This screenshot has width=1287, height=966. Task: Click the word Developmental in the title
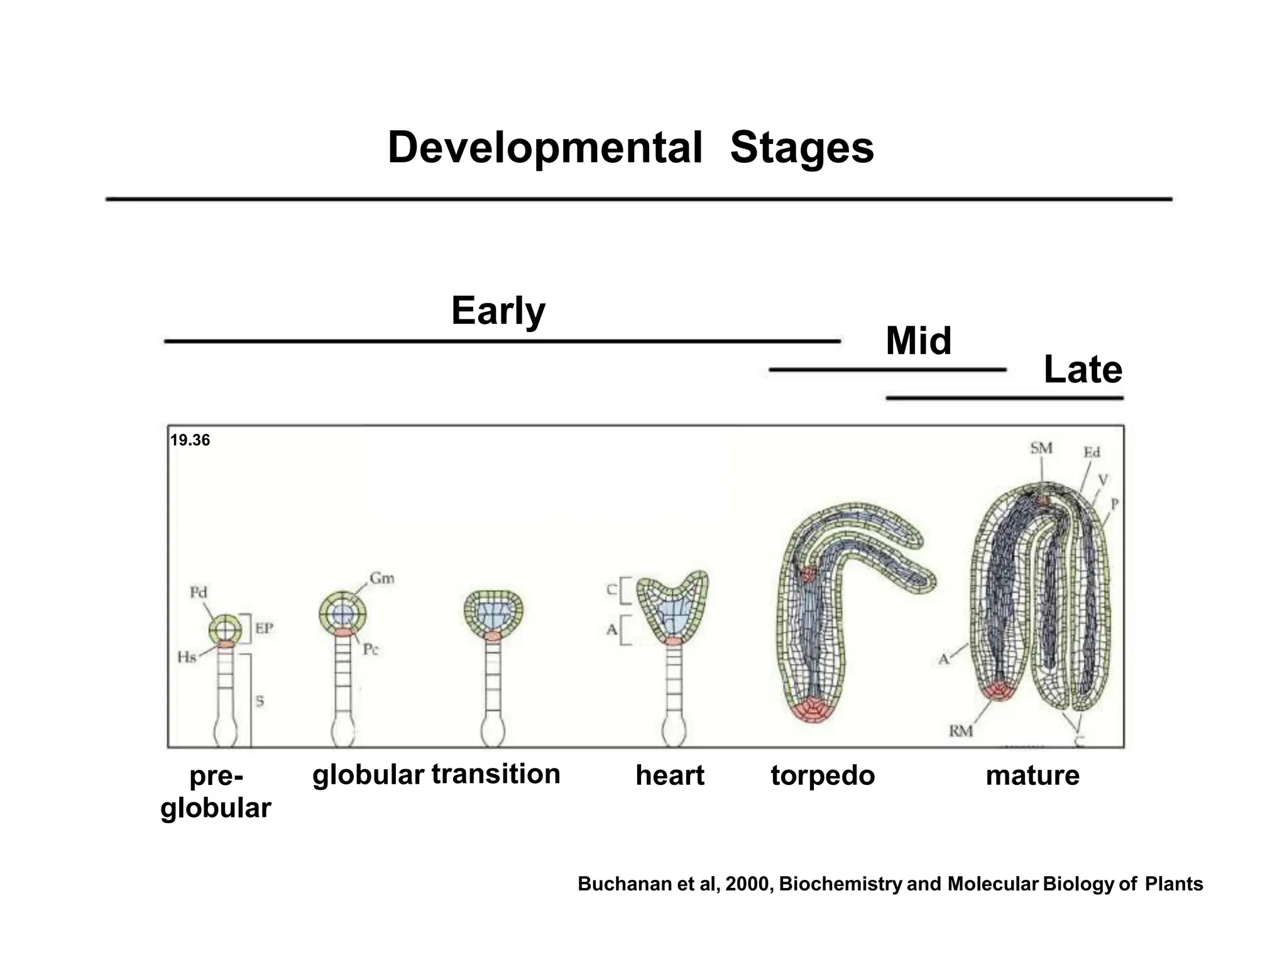pyautogui.click(x=545, y=148)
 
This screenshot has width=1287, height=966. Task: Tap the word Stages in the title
pyautogui.click(x=802, y=148)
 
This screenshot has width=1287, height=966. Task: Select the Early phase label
pyautogui.click(x=498, y=311)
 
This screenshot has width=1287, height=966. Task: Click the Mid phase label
pyautogui.click(x=918, y=341)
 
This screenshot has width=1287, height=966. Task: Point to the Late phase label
pyautogui.click(x=1083, y=370)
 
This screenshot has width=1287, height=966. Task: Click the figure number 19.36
pyautogui.click(x=190, y=440)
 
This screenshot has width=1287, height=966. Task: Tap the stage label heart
pyautogui.click(x=670, y=775)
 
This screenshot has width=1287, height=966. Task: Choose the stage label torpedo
pyautogui.click(x=823, y=775)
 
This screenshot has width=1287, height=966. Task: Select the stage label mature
pyautogui.click(x=1032, y=775)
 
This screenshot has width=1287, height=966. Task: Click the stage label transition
pyautogui.click(x=496, y=774)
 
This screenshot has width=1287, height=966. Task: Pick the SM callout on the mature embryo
pyautogui.click(x=1041, y=448)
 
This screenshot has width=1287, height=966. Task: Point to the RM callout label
pyautogui.click(x=961, y=731)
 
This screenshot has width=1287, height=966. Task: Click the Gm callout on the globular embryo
pyautogui.click(x=382, y=578)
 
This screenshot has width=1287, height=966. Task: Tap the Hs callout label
pyautogui.click(x=187, y=658)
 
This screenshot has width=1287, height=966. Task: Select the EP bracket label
pyautogui.click(x=264, y=628)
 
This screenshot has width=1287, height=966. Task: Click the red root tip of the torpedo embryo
pyautogui.click(x=813, y=709)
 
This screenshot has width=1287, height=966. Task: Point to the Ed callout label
pyautogui.click(x=1092, y=452)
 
